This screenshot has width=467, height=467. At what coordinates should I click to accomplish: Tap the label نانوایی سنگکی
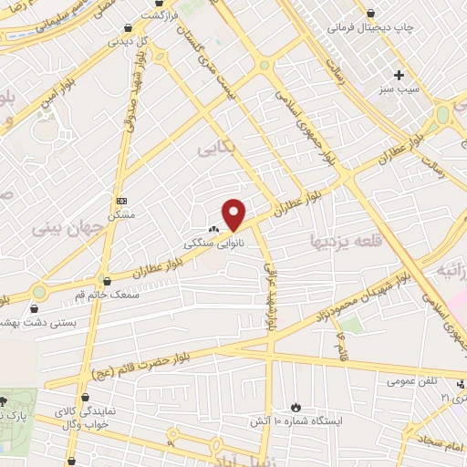coord(206,244)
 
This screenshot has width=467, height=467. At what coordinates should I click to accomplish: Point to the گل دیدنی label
coord(127,42)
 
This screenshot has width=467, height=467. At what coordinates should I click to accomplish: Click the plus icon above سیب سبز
coord(399,75)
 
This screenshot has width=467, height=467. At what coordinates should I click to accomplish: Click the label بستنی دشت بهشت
coord(43,323)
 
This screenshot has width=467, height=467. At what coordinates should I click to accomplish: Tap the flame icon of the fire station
coord(295,406)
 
